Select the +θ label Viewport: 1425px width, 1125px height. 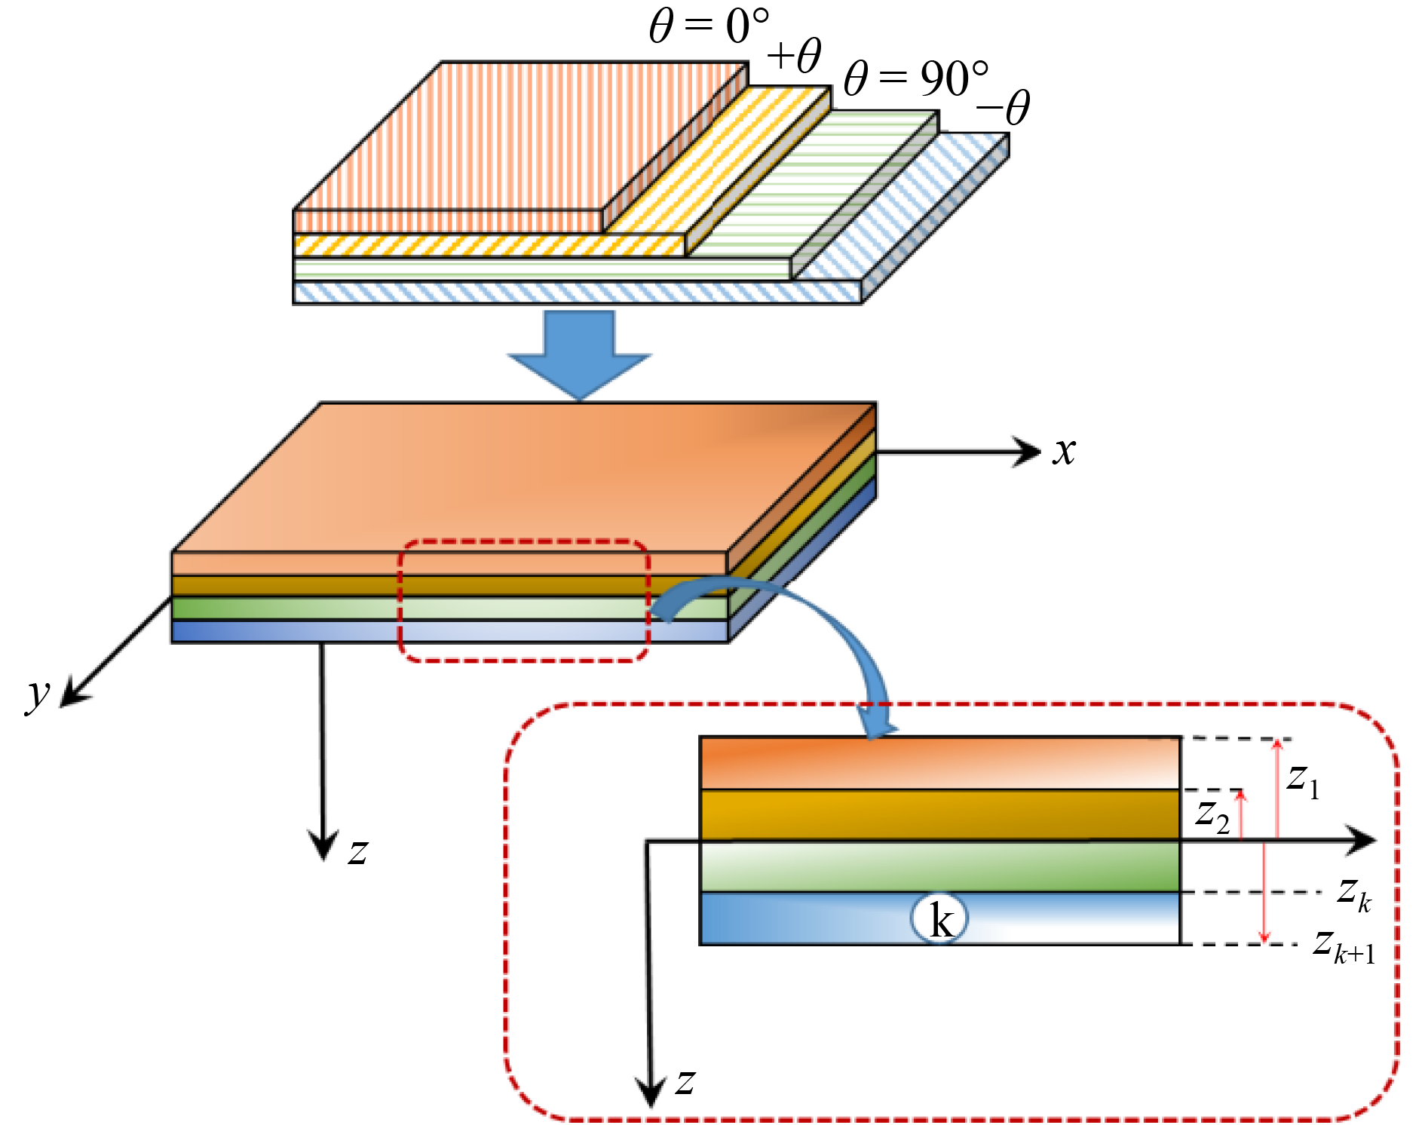[x=795, y=57]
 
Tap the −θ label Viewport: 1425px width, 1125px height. [x=1003, y=109]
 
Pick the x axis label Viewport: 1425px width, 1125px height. [x=1065, y=452]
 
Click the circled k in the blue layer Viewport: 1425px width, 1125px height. [x=939, y=919]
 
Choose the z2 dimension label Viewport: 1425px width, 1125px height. [x=1212, y=816]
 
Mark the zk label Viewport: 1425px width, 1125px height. [x=1354, y=894]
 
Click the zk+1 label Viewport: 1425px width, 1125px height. [x=1344, y=947]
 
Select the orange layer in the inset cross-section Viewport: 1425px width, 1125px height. [x=939, y=763]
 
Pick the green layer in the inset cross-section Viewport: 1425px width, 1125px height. [x=939, y=866]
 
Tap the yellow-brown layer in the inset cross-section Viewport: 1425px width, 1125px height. [x=939, y=815]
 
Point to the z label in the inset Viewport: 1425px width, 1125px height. [x=685, y=1083]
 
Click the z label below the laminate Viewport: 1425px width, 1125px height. [x=357, y=852]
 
